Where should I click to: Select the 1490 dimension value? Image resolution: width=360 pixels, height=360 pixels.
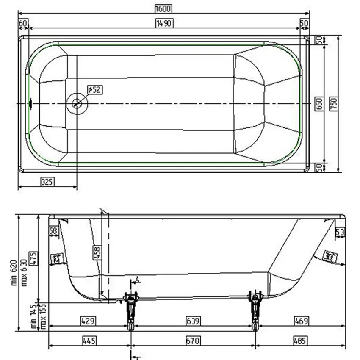[x=164, y=23]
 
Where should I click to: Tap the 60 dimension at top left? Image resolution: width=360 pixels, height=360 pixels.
[x=23, y=23]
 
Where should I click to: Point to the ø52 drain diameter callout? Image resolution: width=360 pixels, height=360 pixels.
[x=94, y=89]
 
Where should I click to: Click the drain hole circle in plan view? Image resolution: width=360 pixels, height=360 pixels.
[x=77, y=103]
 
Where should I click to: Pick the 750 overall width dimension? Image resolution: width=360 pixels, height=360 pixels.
[x=333, y=103]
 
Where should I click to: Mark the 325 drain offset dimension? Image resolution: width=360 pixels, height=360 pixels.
[x=47, y=182]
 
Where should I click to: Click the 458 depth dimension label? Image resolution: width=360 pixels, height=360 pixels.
[x=97, y=254]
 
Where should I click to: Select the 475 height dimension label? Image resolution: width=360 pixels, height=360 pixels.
[x=35, y=258]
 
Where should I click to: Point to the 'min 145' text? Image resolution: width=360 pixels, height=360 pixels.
[x=34, y=317]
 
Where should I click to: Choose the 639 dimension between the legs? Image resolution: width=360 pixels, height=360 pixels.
[x=193, y=321]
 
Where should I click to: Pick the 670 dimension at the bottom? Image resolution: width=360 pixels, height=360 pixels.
[x=193, y=341]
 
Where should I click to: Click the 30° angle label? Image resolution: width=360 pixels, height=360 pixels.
[x=328, y=255]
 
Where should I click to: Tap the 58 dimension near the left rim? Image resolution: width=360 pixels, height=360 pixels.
[x=53, y=231]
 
